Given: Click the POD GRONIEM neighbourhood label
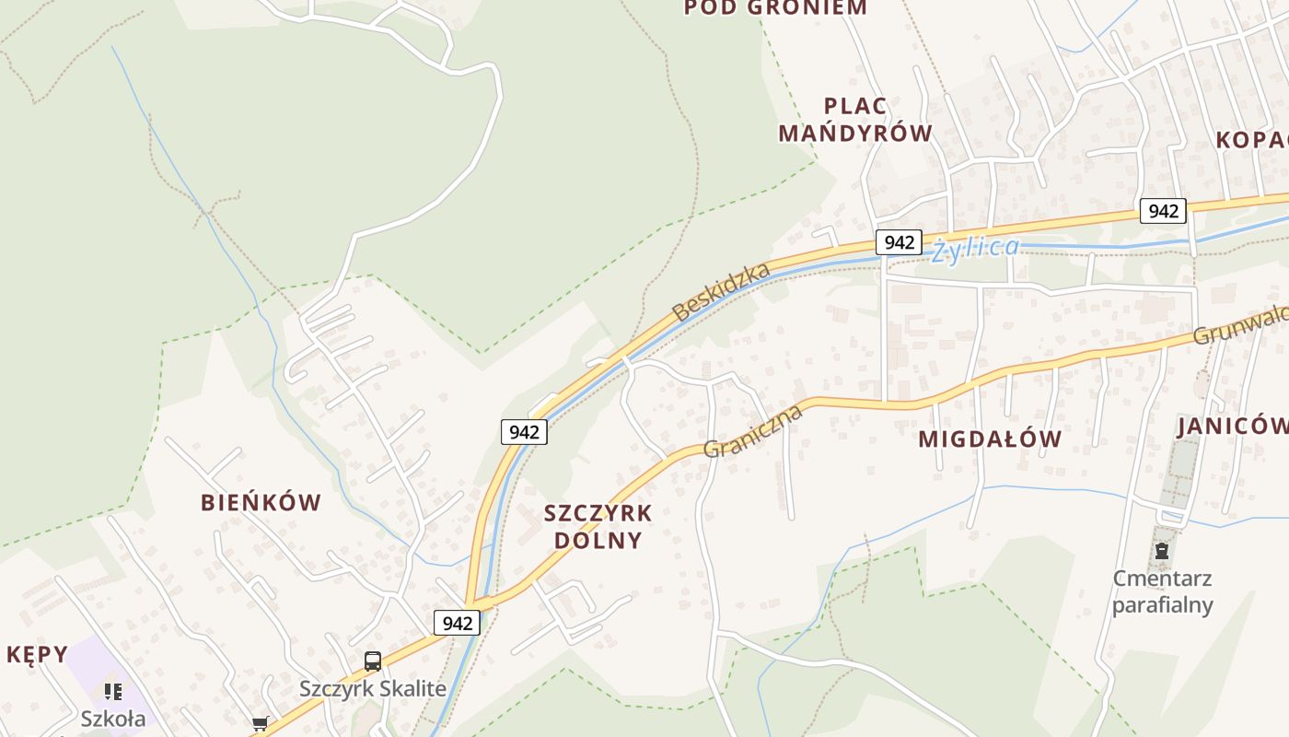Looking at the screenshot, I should [x=775, y=8].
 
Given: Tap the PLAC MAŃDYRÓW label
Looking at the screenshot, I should [x=855, y=120].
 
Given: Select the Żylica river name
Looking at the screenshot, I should [x=975, y=249].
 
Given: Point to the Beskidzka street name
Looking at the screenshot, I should [x=721, y=292].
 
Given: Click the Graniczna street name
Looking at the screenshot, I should [x=752, y=430].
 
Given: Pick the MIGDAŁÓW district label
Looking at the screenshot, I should [x=990, y=439].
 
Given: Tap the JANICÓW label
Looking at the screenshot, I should [x=1232, y=426].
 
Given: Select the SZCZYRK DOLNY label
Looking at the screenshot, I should [x=598, y=526].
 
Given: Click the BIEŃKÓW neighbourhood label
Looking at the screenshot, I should [x=261, y=503].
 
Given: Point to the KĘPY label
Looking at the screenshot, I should [x=38, y=655].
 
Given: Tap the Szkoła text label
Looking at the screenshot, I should [x=112, y=719].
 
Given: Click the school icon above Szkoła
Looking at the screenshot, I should [x=113, y=691].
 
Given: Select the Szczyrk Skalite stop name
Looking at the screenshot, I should [x=373, y=688].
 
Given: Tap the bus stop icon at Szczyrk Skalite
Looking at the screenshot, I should [x=373, y=661].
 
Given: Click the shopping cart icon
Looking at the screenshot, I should [x=260, y=724].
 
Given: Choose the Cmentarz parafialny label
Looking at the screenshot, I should [x=1162, y=591].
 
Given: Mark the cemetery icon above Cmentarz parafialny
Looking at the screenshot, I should [x=1162, y=552].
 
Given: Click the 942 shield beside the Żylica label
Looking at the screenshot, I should [x=898, y=242].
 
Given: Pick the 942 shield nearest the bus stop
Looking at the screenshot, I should [x=457, y=623].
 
